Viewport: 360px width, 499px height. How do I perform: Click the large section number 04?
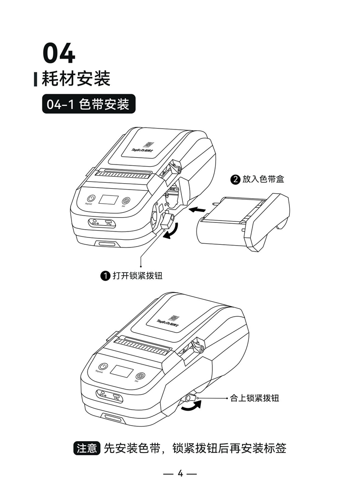(59, 54)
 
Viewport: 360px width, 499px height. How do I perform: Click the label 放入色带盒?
(263, 180)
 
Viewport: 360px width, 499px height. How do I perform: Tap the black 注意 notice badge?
(86, 448)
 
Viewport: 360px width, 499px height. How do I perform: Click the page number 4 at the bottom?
(180, 473)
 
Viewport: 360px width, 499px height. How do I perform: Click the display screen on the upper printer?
(109, 200)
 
